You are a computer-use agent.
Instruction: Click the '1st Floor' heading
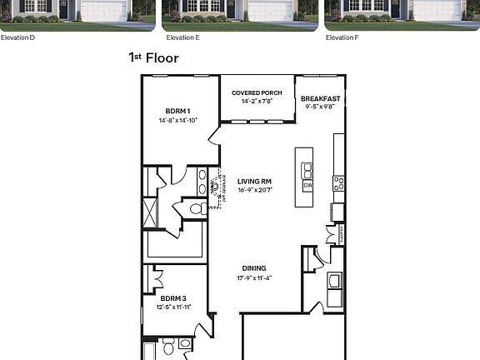coord(153,58)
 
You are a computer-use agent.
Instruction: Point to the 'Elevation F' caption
coord(342,37)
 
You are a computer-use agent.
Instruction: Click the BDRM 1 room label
coord(177,111)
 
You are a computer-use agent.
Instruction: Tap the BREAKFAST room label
coord(320,98)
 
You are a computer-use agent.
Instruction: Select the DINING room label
coord(254,268)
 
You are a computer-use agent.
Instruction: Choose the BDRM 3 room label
coord(173,297)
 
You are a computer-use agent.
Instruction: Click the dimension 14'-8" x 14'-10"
coord(177,121)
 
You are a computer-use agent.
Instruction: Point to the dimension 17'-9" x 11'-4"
coord(254,277)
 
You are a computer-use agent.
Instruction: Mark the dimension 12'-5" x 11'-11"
coord(173,307)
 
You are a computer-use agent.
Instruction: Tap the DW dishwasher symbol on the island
coord(307,186)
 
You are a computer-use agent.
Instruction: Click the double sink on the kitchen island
coord(307,171)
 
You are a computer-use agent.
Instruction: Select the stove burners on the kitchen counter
coord(339,182)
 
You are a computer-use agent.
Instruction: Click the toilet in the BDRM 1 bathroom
coord(197,208)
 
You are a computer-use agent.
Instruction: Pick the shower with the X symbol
coord(150,210)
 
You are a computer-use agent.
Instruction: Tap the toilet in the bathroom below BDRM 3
coord(167,343)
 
